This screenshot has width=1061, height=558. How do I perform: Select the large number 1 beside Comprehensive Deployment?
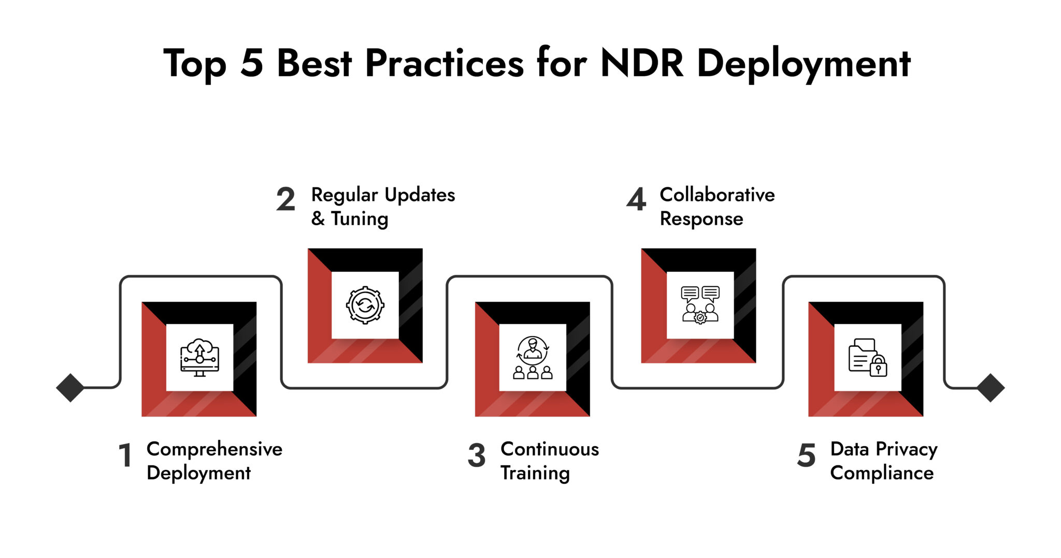coord(125,456)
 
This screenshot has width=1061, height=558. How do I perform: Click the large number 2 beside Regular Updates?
coord(285,200)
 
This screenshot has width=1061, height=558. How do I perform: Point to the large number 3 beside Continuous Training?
coord(477,456)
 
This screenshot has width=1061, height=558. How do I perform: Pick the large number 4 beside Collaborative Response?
coord(636,200)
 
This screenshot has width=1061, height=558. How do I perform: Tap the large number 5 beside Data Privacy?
coord(807,456)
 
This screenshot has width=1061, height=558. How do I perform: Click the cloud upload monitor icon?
coord(199,358)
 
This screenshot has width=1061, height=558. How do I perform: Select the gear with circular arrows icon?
coord(365,305)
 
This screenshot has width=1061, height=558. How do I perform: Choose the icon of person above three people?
coord(533,358)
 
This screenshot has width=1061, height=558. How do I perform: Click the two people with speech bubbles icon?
coord(700,305)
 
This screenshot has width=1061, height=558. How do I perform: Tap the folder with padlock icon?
coord(867,358)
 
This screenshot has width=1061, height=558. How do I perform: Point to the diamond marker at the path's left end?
coord(70,388)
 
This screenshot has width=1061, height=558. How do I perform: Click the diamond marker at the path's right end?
coord(991,388)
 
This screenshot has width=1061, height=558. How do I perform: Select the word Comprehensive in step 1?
coord(214,449)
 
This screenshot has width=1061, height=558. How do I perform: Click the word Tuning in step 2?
coord(360,219)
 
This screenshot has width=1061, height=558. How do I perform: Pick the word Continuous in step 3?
coord(550,449)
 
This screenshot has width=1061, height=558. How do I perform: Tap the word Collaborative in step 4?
coord(717,195)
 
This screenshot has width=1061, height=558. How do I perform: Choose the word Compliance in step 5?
coord(882,473)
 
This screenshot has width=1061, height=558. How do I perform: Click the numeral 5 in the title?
coord(252,64)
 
